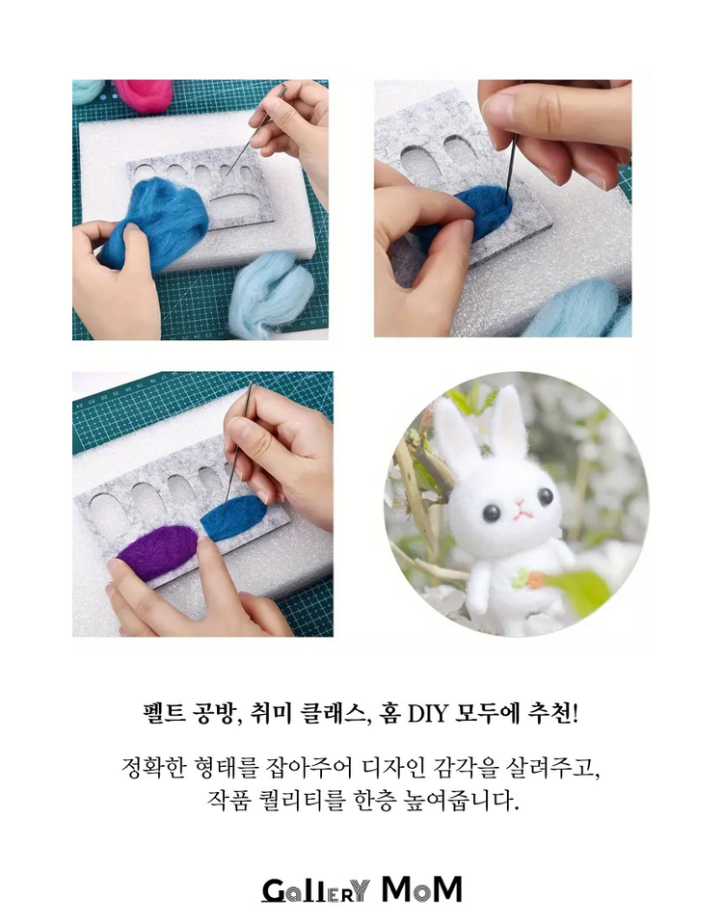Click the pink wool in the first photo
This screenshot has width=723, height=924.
(145, 93)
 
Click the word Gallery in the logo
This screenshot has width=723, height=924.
(315, 889)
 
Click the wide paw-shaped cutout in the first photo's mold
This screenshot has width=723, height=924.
(238, 202)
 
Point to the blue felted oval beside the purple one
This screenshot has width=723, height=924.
(232, 517)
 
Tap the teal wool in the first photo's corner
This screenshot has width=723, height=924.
(88, 91)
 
